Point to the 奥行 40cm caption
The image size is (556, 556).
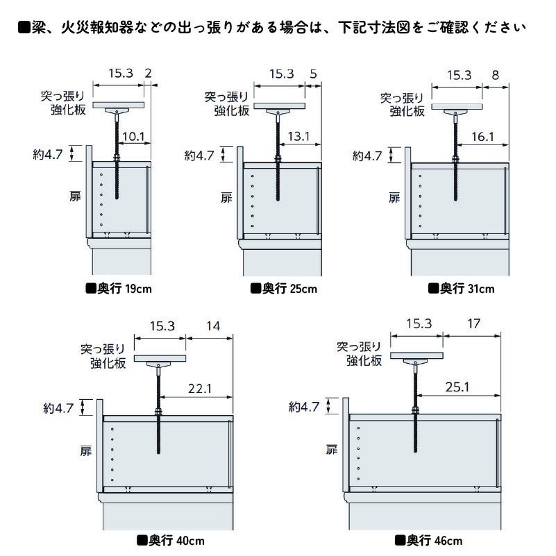coord(170,541)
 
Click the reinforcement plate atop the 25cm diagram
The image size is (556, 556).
coord(279,106)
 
